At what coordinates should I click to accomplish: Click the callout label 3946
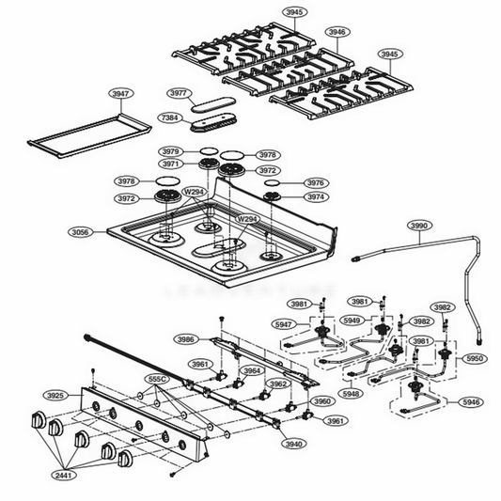(337, 32)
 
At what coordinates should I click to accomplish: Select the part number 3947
(121, 94)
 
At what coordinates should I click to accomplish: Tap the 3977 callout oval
(180, 93)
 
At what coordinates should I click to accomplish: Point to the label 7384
(170, 117)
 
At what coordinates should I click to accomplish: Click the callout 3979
(170, 151)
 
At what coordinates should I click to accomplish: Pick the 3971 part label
(170, 164)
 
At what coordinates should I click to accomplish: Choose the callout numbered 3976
(316, 183)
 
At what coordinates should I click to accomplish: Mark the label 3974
(316, 197)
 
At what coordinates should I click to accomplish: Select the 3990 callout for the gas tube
(419, 226)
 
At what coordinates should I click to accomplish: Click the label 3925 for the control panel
(55, 396)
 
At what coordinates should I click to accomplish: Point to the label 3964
(252, 371)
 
